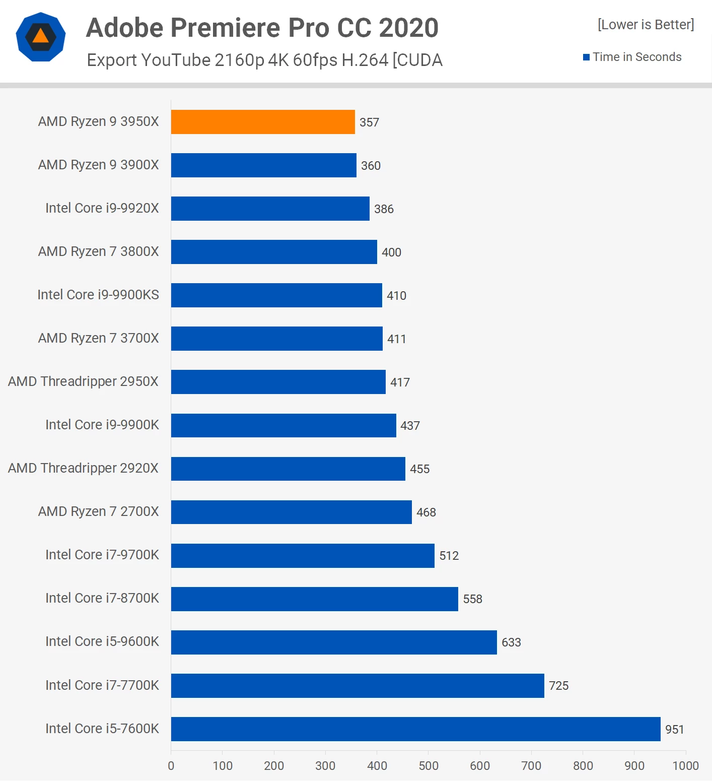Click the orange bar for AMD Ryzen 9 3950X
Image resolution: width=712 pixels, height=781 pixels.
coord(263,122)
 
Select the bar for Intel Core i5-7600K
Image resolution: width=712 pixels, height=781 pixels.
coord(415,729)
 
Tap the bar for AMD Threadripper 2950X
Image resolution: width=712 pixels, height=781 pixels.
coord(278,382)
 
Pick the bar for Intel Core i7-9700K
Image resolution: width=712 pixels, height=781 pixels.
coord(303,556)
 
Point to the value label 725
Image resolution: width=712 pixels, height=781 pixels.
coord(558,686)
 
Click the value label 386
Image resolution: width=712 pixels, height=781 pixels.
coord(384,209)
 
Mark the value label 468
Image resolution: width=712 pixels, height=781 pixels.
coord(426,512)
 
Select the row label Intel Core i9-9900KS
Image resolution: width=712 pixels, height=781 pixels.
coord(98,295)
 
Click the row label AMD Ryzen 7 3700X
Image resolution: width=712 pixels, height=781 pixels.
coord(99,338)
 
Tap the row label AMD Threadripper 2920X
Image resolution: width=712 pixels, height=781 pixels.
coord(83,468)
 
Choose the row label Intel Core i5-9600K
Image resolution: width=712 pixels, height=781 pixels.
coord(102,641)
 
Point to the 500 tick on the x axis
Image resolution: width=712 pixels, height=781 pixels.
coord(429,766)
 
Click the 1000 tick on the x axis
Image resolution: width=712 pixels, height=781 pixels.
coord(685,766)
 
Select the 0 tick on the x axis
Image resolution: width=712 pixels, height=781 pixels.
coord(171,766)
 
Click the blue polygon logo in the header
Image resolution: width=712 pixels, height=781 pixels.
coord(41,37)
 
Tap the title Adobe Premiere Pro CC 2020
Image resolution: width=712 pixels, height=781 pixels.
coord(262,28)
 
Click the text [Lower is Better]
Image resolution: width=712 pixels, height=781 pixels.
coord(646,25)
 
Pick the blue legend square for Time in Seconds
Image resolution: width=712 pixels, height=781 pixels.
coord(586,57)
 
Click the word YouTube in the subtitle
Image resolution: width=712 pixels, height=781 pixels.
coord(176,60)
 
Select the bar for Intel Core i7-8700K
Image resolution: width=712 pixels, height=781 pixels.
coord(315,599)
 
